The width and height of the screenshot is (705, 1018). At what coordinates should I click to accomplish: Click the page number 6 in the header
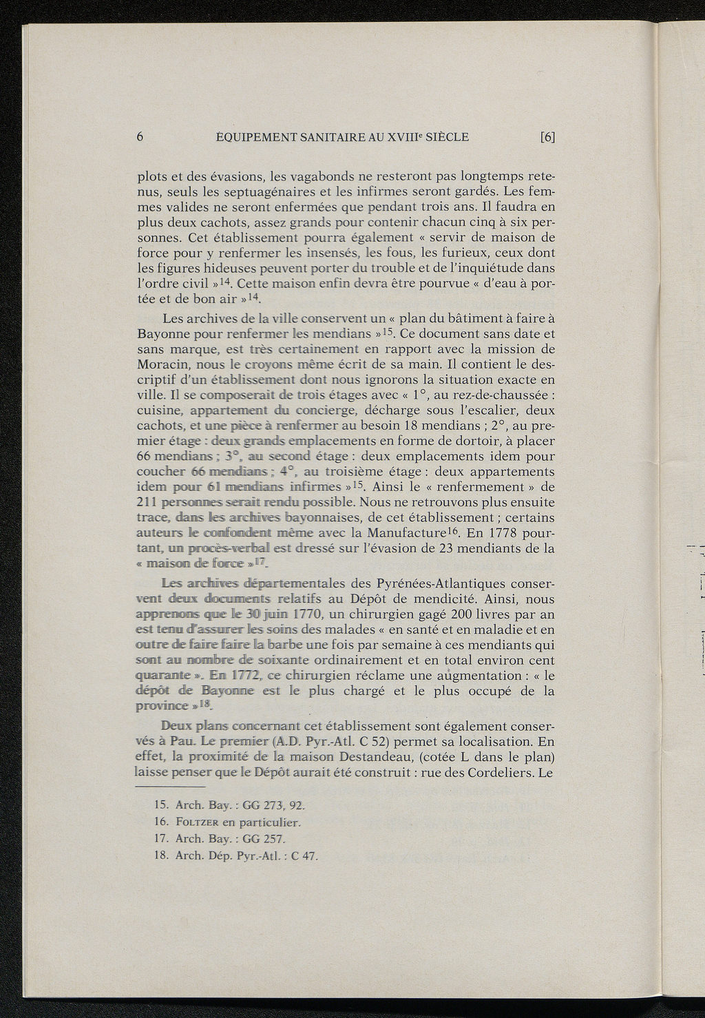140,136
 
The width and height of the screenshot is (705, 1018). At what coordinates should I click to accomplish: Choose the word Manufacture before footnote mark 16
406,532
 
